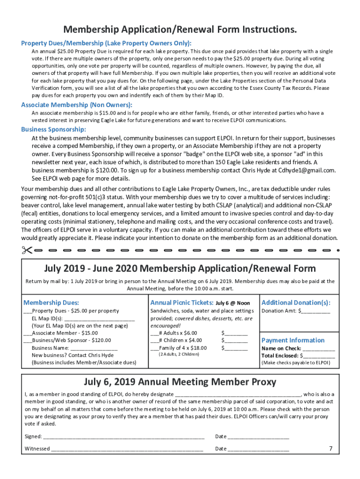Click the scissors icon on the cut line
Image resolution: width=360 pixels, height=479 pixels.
point(27,249)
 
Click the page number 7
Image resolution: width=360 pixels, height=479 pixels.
point(331,448)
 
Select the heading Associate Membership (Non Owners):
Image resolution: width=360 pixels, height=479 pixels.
point(77,105)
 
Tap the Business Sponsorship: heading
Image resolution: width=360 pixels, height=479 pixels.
point(53,130)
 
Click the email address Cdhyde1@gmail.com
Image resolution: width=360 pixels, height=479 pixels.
point(308,170)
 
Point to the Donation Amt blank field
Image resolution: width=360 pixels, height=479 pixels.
point(316,311)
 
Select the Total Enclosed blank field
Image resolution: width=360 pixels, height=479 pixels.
point(319,356)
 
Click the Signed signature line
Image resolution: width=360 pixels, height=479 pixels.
point(123,437)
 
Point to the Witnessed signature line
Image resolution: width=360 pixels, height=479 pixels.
point(127,450)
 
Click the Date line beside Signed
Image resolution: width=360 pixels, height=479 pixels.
point(259,437)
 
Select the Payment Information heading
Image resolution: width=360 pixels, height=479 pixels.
point(293,340)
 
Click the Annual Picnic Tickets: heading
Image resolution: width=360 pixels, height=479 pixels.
point(180,303)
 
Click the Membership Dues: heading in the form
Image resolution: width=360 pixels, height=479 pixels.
point(51,303)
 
